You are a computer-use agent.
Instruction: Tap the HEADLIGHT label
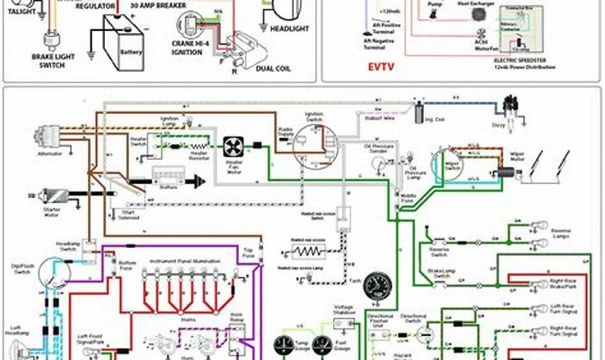[x=289, y=29]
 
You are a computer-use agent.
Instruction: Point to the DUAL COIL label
[x=274, y=69]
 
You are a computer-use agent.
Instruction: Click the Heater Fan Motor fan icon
[x=234, y=147]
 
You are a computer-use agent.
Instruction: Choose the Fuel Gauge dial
[x=322, y=345]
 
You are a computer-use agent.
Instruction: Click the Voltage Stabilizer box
[x=343, y=323]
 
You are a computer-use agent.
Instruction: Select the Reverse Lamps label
[x=561, y=233]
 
